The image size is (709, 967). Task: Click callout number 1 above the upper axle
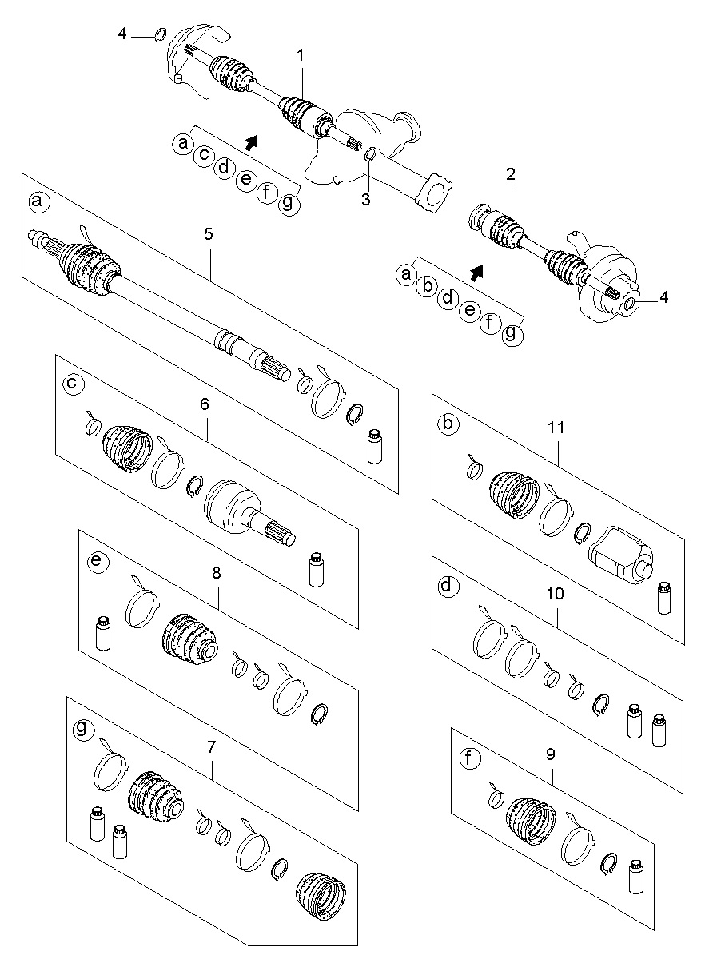coord(300,55)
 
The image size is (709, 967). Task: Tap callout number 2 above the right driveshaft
coord(511,174)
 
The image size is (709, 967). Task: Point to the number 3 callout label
coord(366,199)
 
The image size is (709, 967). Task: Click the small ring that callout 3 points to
coord(371,153)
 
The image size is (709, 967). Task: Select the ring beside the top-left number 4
coord(160,34)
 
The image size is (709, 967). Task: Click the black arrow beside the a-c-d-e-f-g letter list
coord(251,142)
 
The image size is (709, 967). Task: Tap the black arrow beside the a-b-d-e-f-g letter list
coord(476,273)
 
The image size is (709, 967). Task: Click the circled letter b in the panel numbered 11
coord(448,424)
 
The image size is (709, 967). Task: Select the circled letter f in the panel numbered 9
coord(470,758)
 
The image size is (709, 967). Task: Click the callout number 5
coord(209,234)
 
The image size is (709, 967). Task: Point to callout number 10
coord(555,594)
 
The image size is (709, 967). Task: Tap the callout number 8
coord(217,573)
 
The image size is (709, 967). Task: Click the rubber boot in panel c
coord(127,448)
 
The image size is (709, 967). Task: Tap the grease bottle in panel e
coord(103,633)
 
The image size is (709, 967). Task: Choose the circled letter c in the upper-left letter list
coord(205,154)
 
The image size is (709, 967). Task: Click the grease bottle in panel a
coord(374,447)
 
